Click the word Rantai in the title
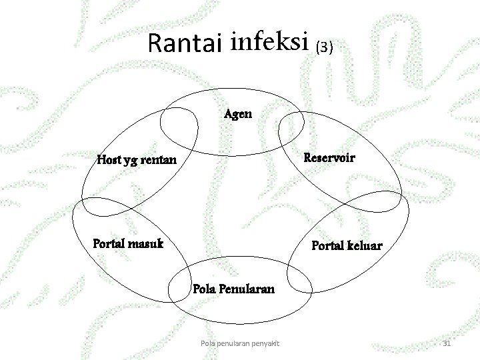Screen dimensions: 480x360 point(186,43)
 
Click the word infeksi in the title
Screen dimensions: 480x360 point(270,42)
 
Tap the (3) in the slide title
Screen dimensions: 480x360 point(323,47)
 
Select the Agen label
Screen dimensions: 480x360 point(238,113)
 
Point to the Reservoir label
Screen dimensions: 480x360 point(329,158)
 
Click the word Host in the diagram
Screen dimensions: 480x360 point(110,160)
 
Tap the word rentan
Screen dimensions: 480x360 point(159,160)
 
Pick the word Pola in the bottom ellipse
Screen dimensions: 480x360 point(203,289)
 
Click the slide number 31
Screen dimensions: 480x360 point(447,343)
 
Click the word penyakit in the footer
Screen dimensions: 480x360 point(263,343)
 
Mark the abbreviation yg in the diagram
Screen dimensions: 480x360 point(133,161)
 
